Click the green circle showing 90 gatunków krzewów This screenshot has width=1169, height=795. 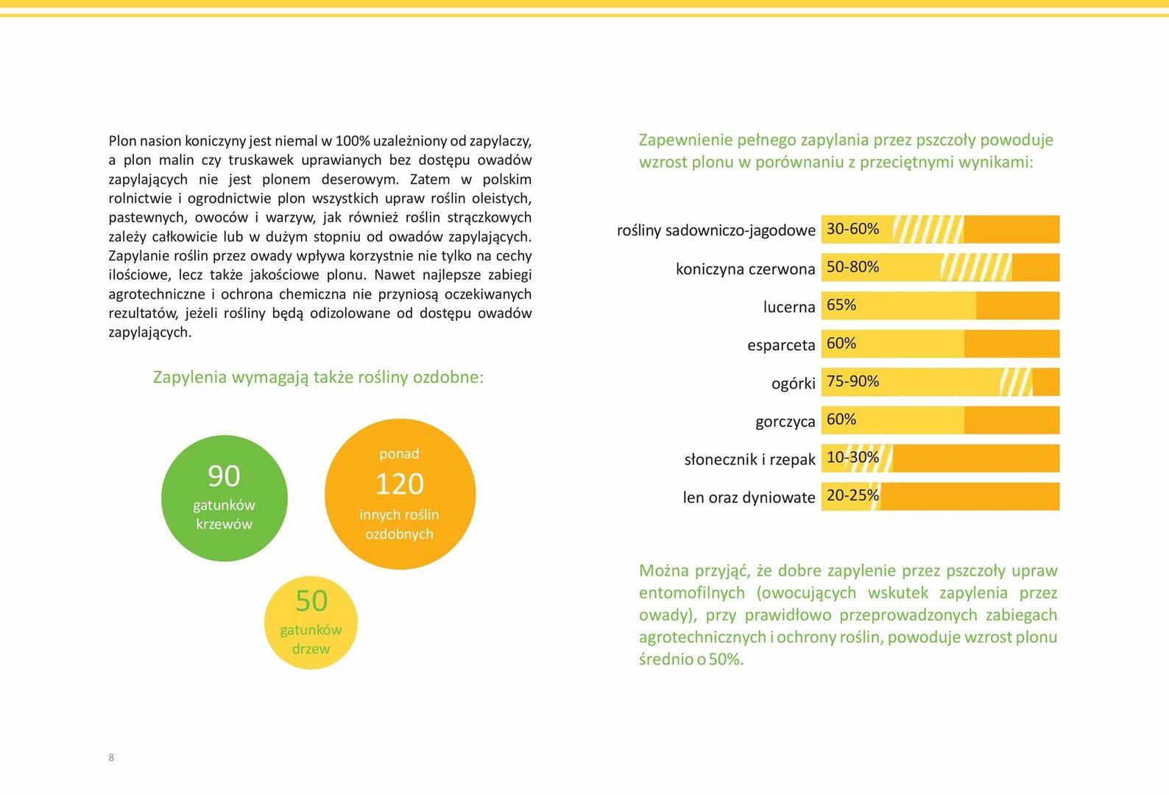(225, 498)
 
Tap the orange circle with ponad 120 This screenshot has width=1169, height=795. (400, 494)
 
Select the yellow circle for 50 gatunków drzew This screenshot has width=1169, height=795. (311, 623)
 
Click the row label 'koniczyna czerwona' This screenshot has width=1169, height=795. (745, 268)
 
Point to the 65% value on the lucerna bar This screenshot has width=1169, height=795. (841, 305)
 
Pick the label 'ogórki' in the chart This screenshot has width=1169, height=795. (794, 383)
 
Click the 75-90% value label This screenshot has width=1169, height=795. (852, 381)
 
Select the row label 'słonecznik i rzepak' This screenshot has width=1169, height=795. (750, 459)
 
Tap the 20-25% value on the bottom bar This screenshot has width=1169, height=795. (852, 495)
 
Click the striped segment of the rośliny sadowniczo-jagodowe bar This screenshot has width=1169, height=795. (928, 229)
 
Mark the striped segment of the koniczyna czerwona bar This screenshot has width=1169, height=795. (976, 267)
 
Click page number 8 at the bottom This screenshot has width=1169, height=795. (111, 757)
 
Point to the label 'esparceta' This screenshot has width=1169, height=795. (781, 345)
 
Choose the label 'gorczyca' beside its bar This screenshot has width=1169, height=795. (785, 421)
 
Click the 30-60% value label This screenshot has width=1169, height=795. (852, 229)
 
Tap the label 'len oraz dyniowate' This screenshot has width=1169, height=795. (749, 498)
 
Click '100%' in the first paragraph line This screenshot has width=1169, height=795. (353, 141)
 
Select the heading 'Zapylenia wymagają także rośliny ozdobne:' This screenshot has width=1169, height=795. (318, 377)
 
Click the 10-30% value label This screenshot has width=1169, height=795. (852, 457)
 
